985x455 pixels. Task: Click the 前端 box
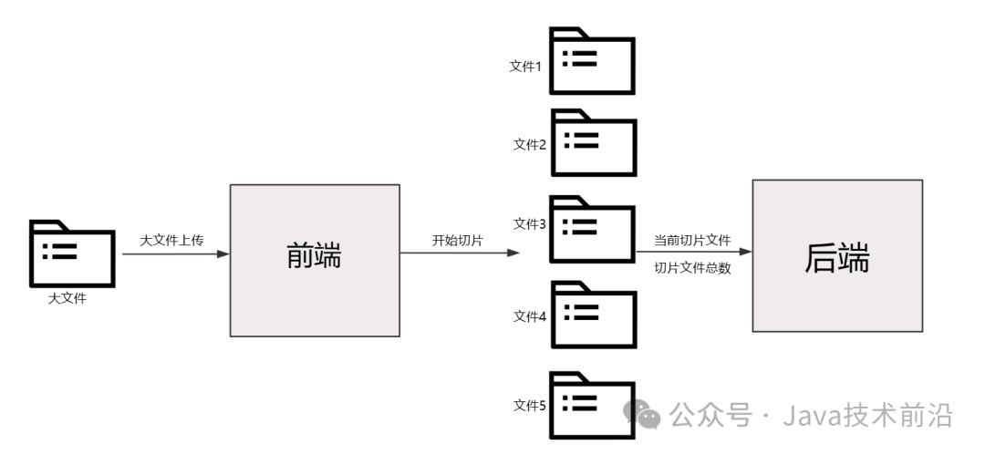click(x=315, y=259)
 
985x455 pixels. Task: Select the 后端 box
click(x=836, y=255)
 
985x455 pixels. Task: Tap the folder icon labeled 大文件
click(x=72, y=254)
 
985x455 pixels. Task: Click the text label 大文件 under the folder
click(x=67, y=297)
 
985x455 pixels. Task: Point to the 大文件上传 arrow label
click(x=171, y=240)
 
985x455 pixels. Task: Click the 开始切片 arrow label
click(x=457, y=241)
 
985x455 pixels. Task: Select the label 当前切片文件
click(x=692, y=241)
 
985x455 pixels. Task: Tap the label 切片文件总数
click(x=692, y=268)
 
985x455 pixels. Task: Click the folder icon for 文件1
click(x=591, y=62)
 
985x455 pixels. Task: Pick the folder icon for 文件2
click(x=591, y=142)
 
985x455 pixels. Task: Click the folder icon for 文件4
click(x=591, y=315)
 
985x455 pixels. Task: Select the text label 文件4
click(x=529, y=316)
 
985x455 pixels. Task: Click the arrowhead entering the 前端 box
click(x=223, y=254)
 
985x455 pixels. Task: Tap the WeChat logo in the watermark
click(x=644, y=414)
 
